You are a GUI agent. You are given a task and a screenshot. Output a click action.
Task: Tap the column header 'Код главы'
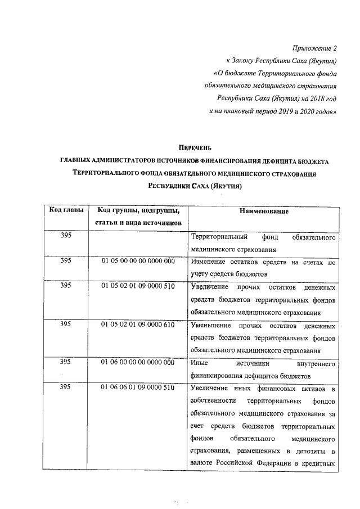(x=67, y=210)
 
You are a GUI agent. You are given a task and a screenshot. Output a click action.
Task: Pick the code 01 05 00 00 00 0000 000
(x=138, y=262)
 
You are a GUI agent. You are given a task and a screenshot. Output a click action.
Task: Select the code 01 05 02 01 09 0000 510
(x=138, y=286)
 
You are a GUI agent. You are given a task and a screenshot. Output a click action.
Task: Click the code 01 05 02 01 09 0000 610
(x=138, y=325)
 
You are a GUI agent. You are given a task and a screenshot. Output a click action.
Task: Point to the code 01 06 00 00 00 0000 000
(x=138, y=363)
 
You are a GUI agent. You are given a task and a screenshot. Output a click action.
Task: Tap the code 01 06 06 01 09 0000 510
(x=138, y=388)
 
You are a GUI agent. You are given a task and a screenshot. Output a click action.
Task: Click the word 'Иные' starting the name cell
(x=200, y=363)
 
